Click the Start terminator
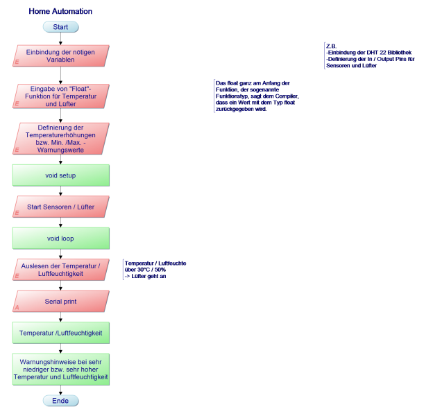click(60, 27)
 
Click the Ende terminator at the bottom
click(60, 401)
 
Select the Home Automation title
click(60, 12)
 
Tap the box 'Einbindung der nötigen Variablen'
click(61, 55)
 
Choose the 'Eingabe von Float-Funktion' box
click(61, 96)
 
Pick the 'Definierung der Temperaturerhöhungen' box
click(61, 139)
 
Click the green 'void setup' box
click(61, 175)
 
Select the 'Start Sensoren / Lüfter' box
click(61, 207)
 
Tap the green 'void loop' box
click(61, 238)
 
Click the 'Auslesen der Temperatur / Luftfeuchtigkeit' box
click(61, 270)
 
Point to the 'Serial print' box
click(61, 302)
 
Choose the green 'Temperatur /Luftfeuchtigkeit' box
click(61, 333)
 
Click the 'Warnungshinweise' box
click(61, 370)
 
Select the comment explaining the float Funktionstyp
click(257, 96)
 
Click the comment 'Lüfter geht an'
click(154, 270)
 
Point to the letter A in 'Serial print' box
click(17, 306)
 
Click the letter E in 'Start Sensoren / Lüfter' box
click(17, 213)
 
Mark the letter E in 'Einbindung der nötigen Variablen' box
click(17, 62)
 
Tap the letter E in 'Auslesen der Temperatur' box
click(17, 276)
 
